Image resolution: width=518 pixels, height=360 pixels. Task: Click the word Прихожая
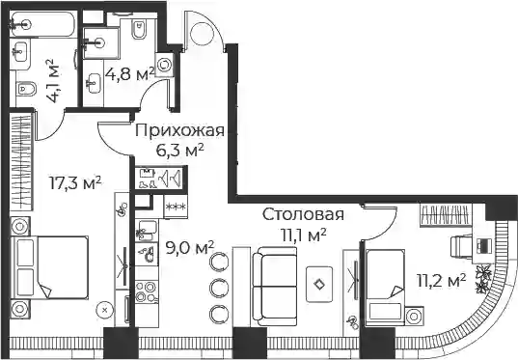[x=179, y=130]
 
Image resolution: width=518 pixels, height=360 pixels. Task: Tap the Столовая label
[x=303, y=214]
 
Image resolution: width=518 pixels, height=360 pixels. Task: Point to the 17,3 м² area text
[x=75, y=182]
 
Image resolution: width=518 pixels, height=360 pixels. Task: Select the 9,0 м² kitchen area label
[x=190, y=247]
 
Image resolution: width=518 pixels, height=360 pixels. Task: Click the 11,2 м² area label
[x=441, y=281]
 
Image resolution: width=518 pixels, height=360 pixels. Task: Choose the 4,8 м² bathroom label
[x=130, y=74]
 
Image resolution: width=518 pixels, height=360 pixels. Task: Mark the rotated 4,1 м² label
[x=52, y=81]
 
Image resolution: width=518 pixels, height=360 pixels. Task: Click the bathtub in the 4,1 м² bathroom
[x=42, y=24]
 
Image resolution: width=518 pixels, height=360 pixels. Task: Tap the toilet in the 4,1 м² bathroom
[x=26, y=89]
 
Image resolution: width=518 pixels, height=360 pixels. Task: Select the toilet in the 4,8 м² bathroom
[x=139, y=29]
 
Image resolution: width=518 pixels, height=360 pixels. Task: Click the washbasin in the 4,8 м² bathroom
[x=95, y=83]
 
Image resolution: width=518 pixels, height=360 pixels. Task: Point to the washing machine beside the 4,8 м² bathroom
[x=164, y=65]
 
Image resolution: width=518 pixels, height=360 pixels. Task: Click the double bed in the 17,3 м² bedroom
[x=50, y=267]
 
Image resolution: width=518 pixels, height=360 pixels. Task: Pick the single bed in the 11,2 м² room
[x=386, y=288]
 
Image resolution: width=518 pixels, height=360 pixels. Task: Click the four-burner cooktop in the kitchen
[x=146, y=291]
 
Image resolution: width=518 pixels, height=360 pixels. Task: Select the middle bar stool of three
[x=219, y=287]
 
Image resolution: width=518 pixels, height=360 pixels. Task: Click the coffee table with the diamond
[x=319, y=285]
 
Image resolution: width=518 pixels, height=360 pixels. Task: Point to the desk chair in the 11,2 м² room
[x=462, y=246]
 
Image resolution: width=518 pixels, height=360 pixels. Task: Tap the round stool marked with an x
[x=105, y=310]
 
